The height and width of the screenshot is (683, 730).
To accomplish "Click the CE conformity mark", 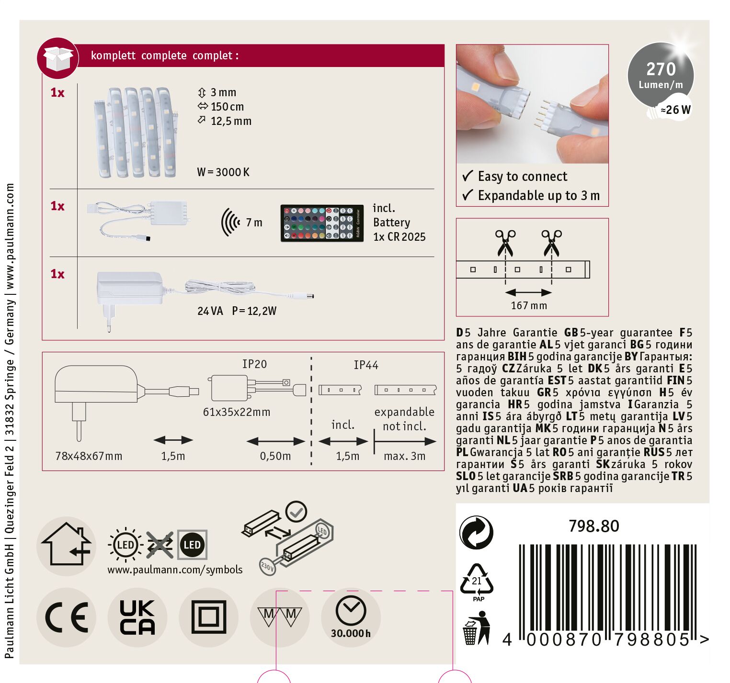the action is tap(67, 617).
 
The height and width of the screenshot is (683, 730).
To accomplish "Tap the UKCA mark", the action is tap(137, 617).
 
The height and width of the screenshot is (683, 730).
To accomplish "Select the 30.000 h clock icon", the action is tap(351, 617).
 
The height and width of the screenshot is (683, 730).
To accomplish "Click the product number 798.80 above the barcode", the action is tap(594, 526).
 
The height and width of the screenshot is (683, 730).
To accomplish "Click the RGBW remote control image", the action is tap(322, 223).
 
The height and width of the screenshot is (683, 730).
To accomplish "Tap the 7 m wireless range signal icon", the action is tap(230, 223).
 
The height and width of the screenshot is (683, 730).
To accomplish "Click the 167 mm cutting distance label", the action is tap(529, 305).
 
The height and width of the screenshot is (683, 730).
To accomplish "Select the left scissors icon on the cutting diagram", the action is tap(505, 243).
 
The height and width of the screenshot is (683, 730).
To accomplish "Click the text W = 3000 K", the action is tap(223, 172).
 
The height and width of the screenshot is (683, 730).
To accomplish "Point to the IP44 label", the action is tap(366, 365).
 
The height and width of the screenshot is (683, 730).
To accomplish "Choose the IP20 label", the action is tap(254, 364).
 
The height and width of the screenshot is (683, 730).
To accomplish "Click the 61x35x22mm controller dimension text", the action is tap(237, 412).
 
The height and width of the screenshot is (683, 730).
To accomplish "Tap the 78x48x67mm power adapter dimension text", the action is tap(89, 456).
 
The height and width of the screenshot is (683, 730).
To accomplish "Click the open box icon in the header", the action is tap(58, 58).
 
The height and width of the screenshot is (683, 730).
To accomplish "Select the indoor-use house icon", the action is tap(66, 546).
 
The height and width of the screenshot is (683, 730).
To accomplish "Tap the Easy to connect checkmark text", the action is tap(515, 177).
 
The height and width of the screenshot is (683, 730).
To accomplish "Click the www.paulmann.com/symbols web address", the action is tap(175, 570).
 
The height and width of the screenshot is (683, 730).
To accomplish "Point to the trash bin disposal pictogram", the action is tap(477, 627).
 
